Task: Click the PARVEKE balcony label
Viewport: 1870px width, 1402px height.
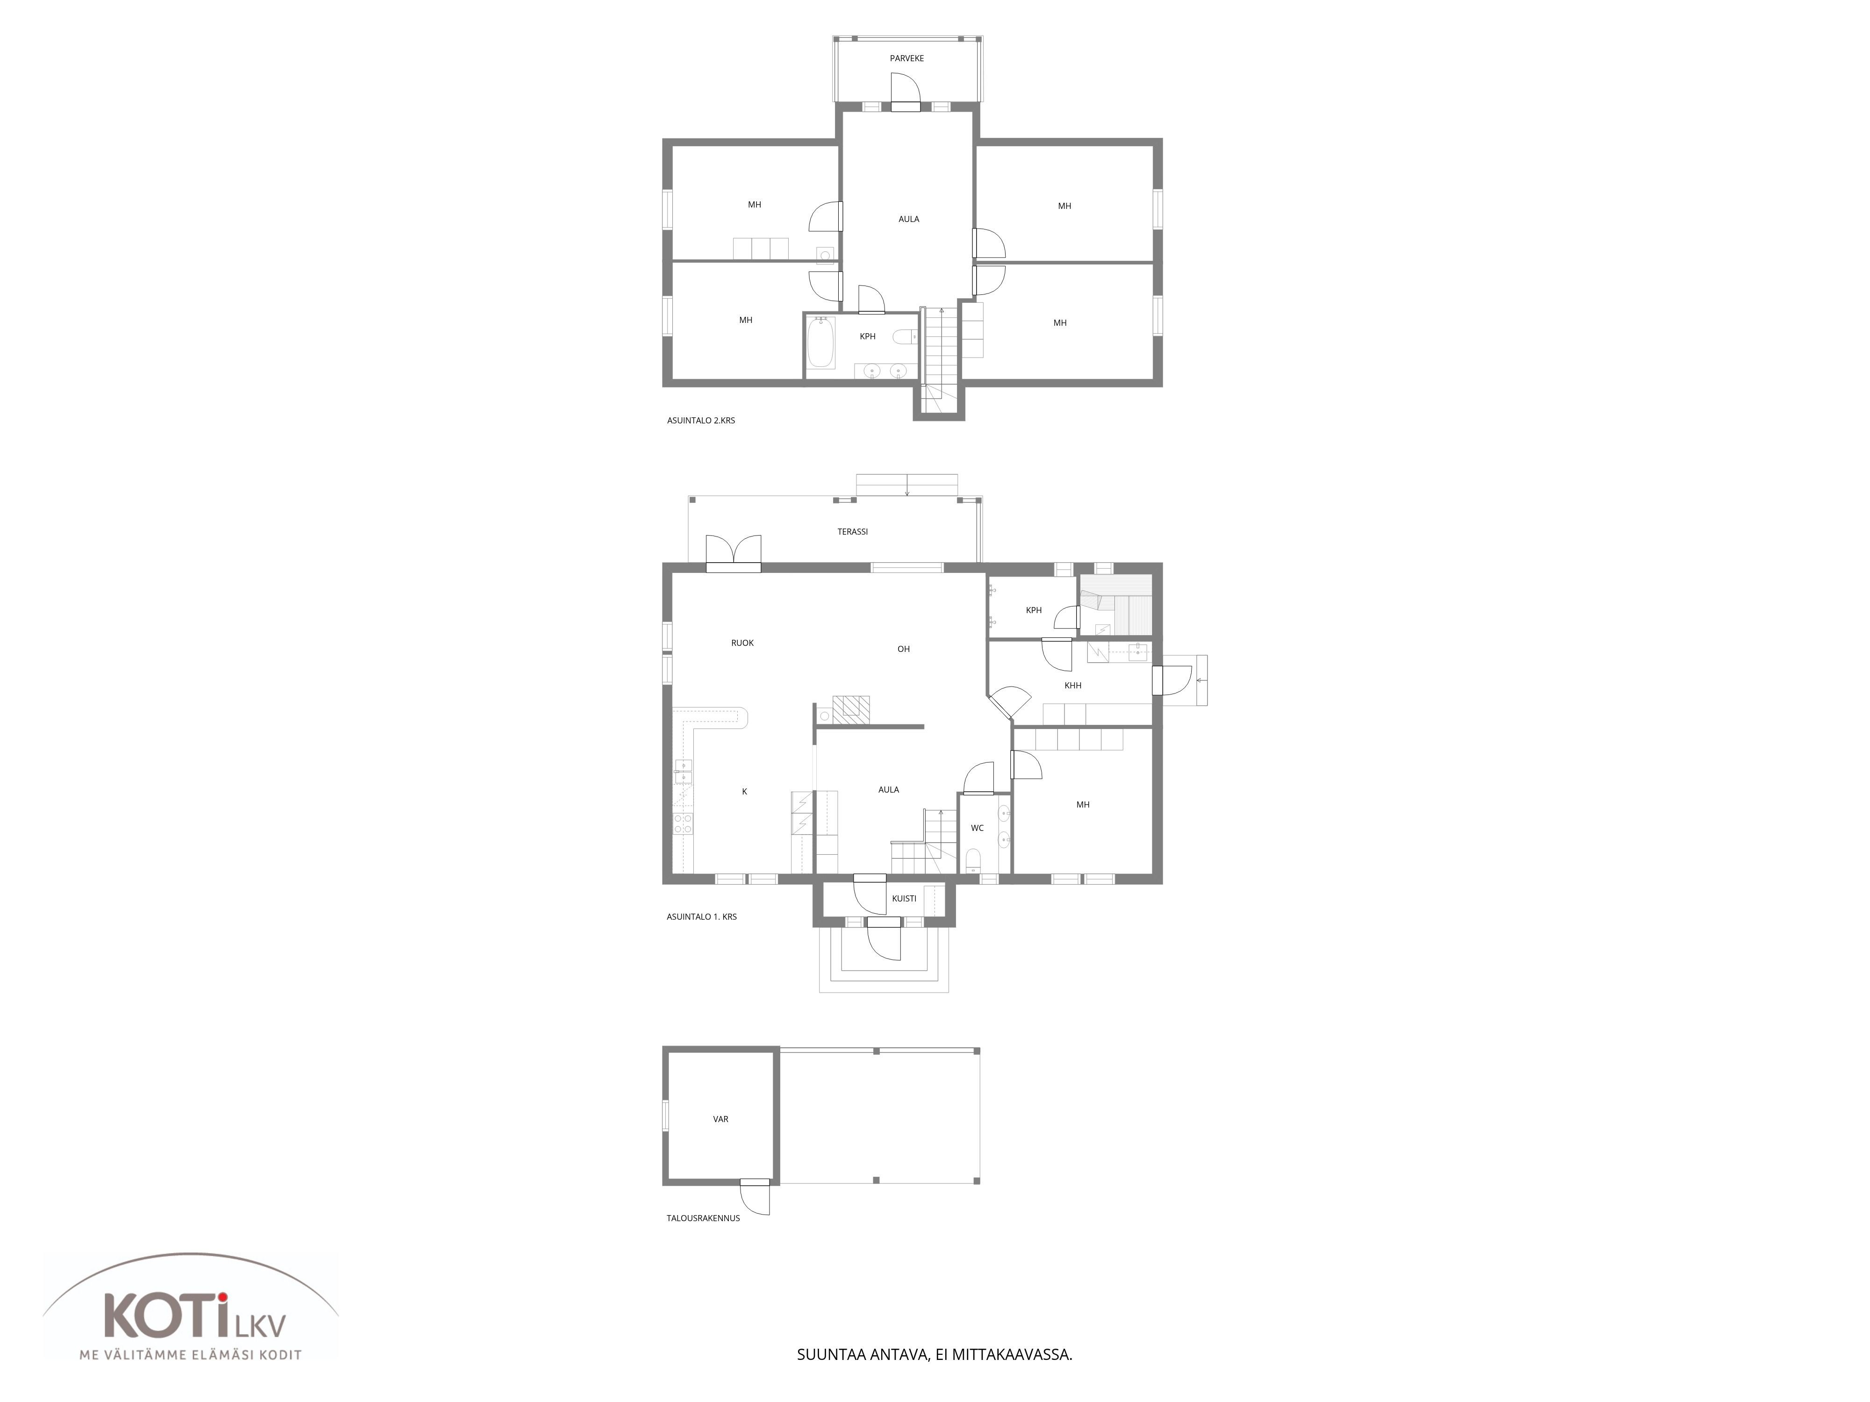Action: (906, 58)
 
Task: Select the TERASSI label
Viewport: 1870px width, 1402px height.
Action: (852, 531)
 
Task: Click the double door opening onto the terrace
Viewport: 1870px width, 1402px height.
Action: (734, 553)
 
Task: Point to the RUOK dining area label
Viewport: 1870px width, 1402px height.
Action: (742, 643)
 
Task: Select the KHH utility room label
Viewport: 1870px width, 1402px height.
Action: (1073, 686)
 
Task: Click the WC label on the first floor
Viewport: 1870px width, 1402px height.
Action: (977, 828)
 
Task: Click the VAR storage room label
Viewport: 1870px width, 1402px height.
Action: (720, 1119)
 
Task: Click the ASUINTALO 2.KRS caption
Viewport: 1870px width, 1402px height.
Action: (701, 420)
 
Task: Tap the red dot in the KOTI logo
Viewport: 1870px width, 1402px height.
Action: (222, 1297)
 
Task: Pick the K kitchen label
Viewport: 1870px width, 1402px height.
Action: (745, 792)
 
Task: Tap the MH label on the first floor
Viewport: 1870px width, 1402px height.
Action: (1083, 805)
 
